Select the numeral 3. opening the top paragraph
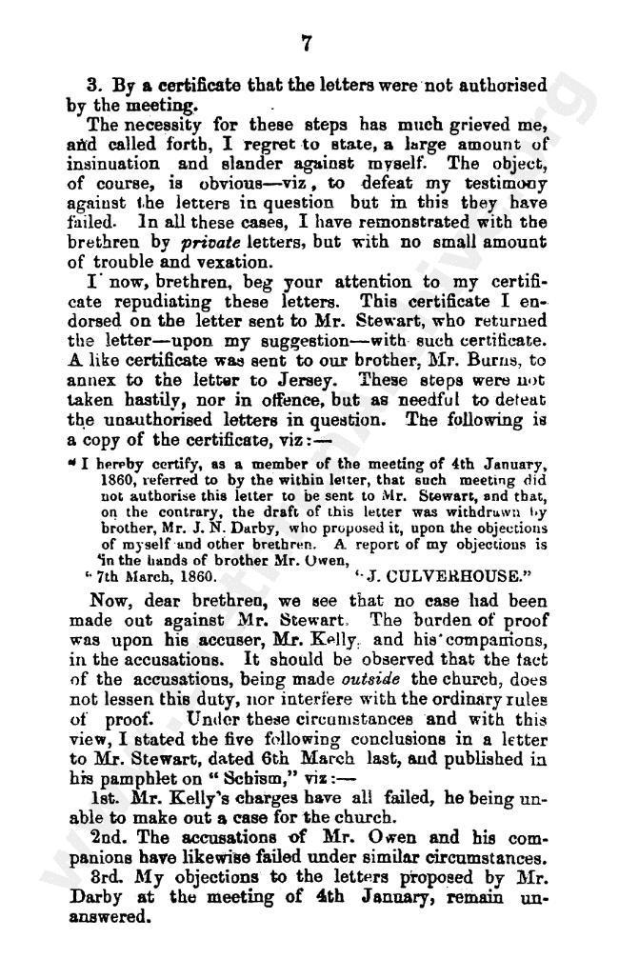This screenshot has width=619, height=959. click(x=92, y=85)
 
